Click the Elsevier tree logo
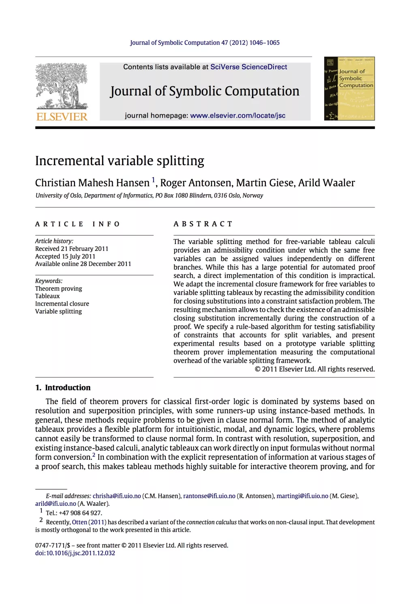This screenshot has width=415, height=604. [x=62, y=86]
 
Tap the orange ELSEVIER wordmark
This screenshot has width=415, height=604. [x=62, y=117]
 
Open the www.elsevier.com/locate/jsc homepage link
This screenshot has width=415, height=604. [x=237, y=116]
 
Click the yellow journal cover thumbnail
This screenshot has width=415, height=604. [x=349, y=88]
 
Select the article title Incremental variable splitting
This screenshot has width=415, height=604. [x=120, y=161]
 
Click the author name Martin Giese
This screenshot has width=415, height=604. [x=265, y=183]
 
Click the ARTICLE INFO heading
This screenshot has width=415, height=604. [x=77, y=224]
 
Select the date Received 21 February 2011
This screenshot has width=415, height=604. [x=72, y=249]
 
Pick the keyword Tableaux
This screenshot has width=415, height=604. [x=47, y=296]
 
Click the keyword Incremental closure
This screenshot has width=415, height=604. [x=62, y=304]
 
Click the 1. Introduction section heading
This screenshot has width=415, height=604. [x=63, y=388]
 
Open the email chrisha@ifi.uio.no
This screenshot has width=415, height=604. [x=117, y=496]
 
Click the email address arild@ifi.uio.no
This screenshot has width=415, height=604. [x=56, y=504]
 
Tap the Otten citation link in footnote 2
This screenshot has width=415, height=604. [x=79, y=523]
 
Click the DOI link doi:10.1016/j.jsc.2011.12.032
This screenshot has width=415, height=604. [x=75, y=553]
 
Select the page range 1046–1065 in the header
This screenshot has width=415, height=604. [x=264, y=43]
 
